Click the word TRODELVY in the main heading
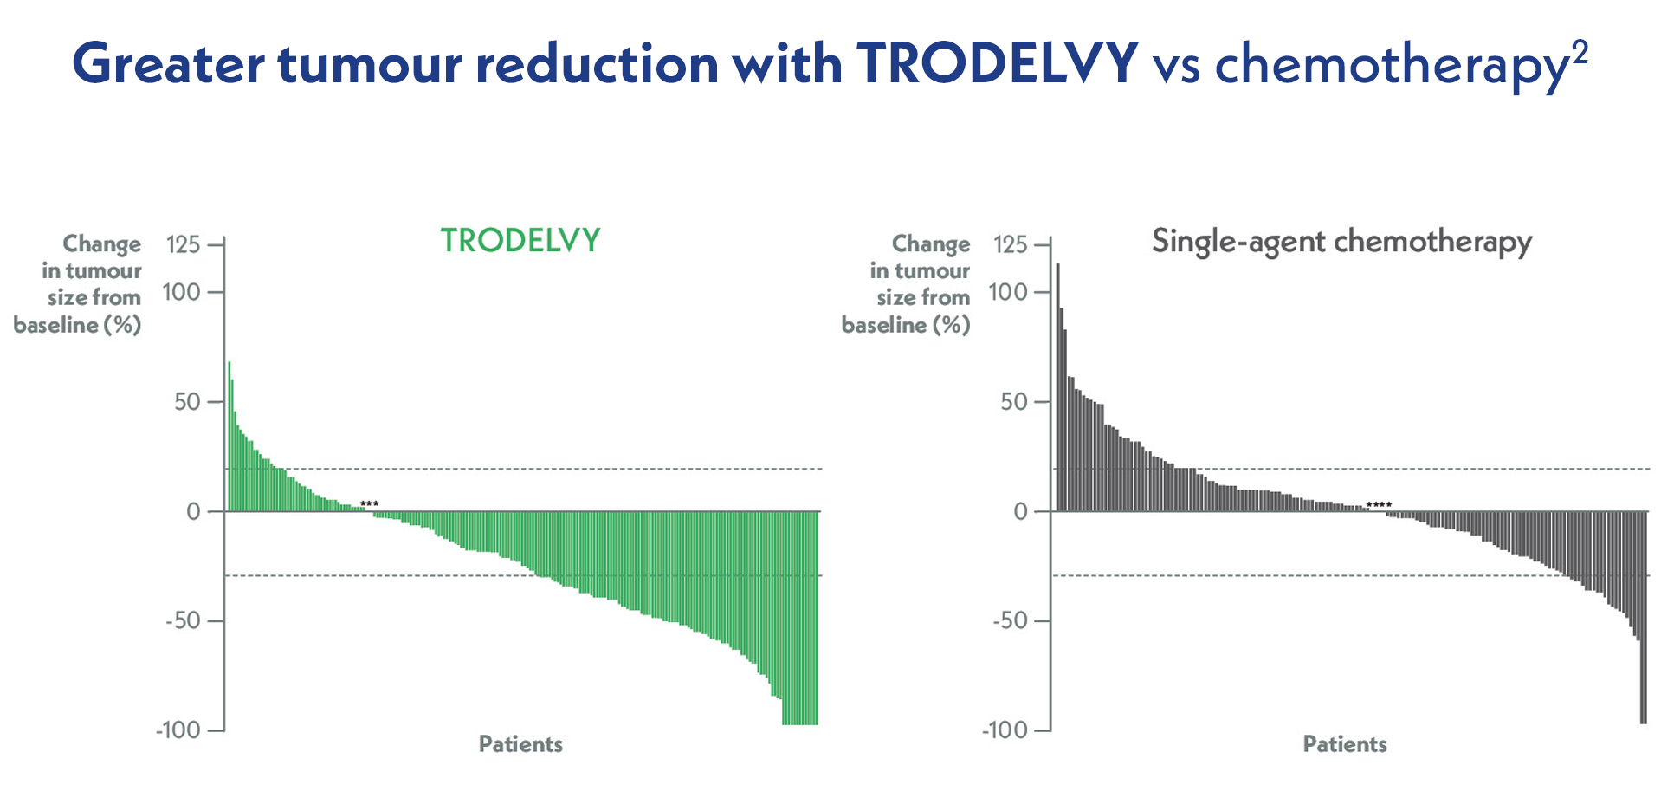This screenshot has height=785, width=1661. (997, 62)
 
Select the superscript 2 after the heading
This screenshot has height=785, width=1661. (1580, 52)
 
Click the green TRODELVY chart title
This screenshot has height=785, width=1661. (520, 241)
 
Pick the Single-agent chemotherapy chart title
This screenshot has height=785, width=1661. (1341, 242)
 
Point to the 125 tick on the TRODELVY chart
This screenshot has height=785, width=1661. (183, 244)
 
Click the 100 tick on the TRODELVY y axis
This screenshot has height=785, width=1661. (181, 292)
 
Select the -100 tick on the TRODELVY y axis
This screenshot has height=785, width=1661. (178, 730)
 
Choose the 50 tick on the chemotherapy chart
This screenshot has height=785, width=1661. (1013, 402)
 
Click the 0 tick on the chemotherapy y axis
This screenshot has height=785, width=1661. (1021, 511)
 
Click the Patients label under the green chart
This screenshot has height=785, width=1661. (520, 744)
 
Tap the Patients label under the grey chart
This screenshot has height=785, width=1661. (1345, 744)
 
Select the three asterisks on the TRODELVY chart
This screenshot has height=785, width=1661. (370, 504)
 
